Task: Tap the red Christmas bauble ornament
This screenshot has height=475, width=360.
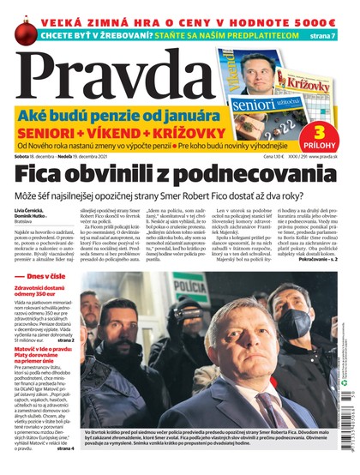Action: click(19, 33)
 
